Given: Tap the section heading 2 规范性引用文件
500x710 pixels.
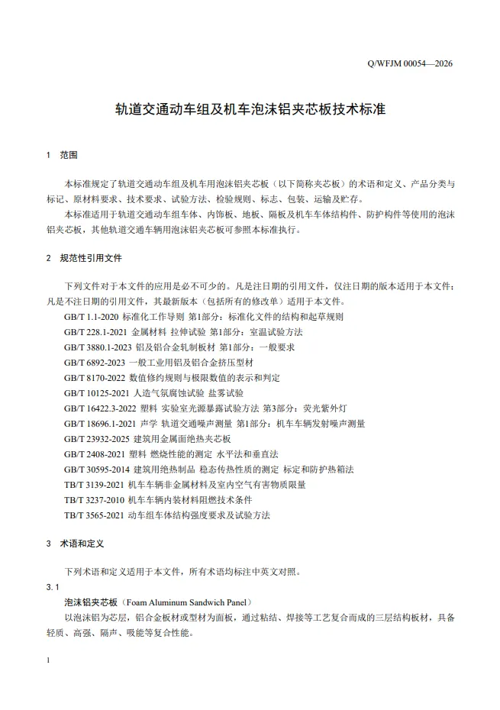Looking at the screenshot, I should pyautogui.click(x=83, y=258).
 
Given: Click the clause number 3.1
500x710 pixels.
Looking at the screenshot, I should pyautogui.click(x=53, y=586).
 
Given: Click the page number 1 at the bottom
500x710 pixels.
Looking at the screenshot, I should pyautogui.click(x=49, y=660).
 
